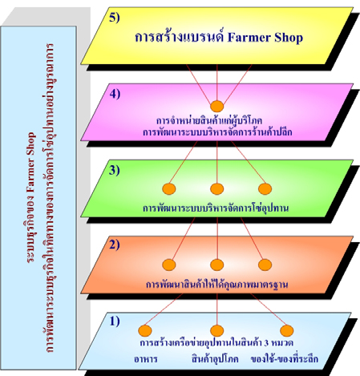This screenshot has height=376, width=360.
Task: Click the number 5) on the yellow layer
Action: tap(115, 18)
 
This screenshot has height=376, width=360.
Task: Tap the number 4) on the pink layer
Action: tap(115, 94)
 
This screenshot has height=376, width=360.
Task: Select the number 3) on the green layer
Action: tap(115, 170)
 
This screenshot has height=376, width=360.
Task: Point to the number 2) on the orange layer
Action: tap(115, 245)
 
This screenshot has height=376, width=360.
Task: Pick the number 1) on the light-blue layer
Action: tap(115, 321)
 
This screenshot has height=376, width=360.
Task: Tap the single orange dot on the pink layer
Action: tap(216, 107)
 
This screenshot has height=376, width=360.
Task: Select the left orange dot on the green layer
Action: tap(169, 188)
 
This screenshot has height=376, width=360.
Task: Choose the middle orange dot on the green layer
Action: tap(216, 188)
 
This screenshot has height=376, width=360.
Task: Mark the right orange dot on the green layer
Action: tap(265, 188)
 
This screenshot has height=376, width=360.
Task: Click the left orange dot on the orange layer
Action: tap(169, 265)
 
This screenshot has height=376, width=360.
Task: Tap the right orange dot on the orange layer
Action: tap(265, 265)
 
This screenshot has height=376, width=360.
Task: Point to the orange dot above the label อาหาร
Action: tap(145, 330)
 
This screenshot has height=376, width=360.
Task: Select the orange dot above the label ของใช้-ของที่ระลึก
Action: tap(287, 330)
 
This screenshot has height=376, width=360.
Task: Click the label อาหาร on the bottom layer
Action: tap(146, 359)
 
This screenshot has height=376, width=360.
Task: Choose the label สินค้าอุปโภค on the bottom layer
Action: tap(215, 358)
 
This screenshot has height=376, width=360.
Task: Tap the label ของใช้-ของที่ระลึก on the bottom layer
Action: tap(285, 358)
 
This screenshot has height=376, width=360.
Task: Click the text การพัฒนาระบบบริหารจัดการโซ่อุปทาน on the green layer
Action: tap(216, 208)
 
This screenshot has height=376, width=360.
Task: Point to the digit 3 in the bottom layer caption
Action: tap(266, 343)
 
